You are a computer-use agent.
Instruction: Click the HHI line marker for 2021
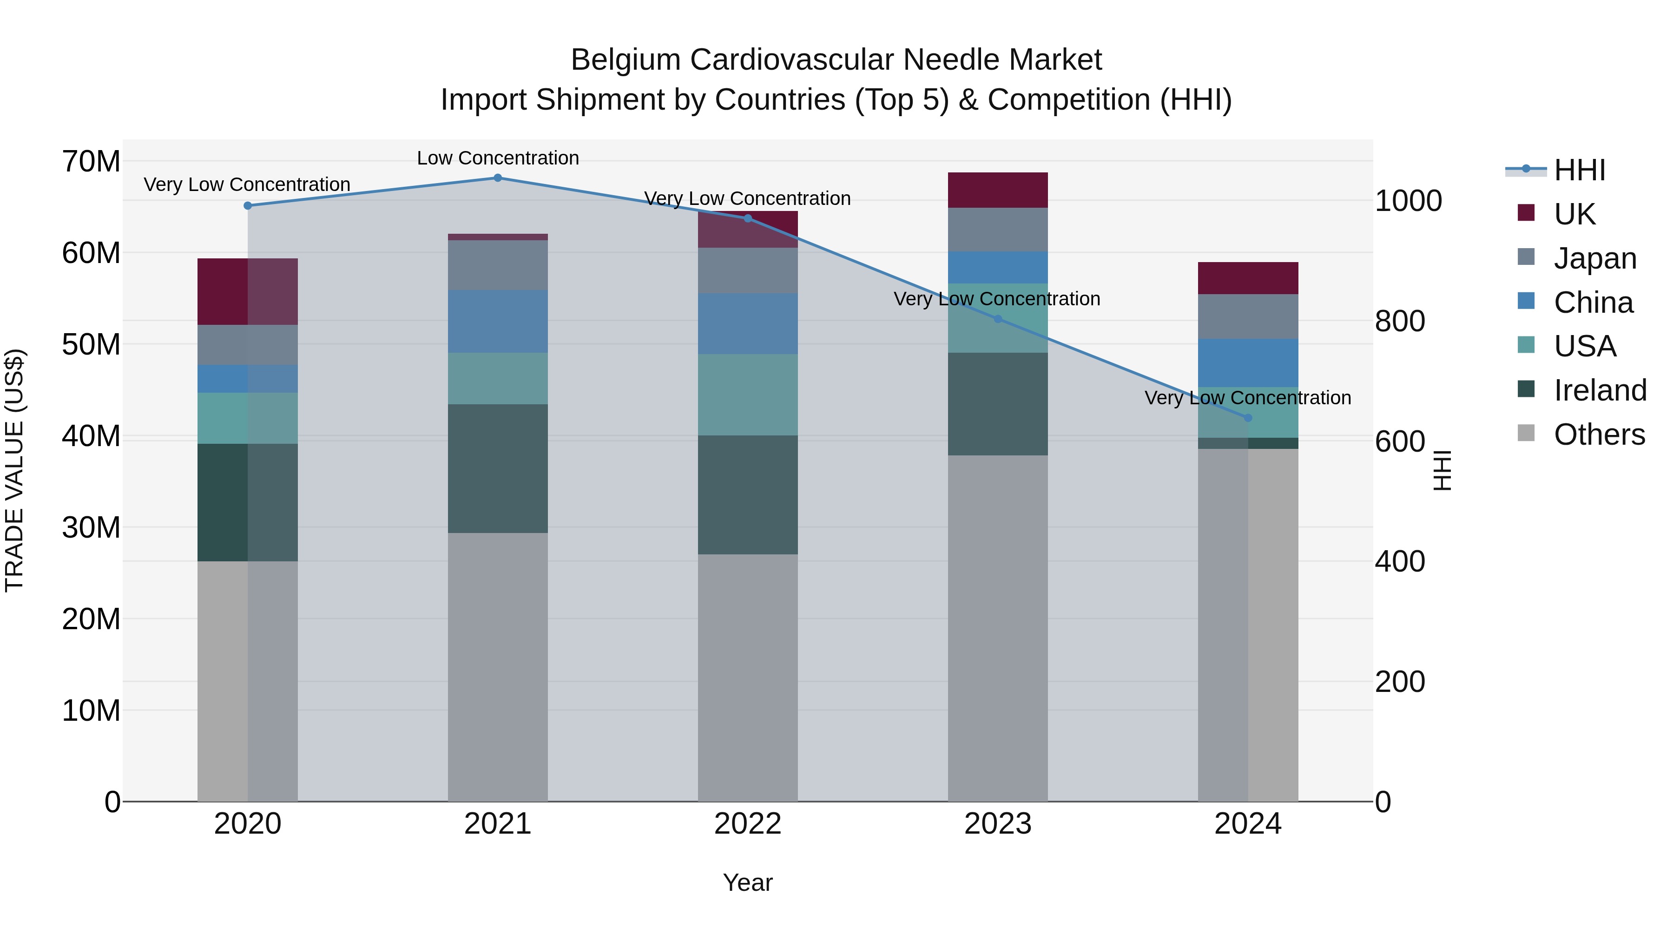pyautogui.click(x=497, y=178)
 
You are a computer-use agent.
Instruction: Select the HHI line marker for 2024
pyautogui.click(x=1248, y=418)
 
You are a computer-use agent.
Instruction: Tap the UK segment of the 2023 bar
pyautogui.click(x=998, y=190)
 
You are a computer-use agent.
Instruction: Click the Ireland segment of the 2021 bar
pyautogui.click(x=497, y=469)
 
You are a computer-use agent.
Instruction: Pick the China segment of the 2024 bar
pyautogui.click(x=1248, y=363)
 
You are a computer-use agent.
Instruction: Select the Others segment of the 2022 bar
pyautogui.click(x=748, y=678)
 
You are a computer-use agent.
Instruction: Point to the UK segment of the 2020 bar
pyautogui.click(x=247, y=291)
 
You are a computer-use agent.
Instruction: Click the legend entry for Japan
pyautogui.click(x=1594, y=258)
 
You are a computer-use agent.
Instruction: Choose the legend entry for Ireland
pyautogui.click(x=1599, y=390)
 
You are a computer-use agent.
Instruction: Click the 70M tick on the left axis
pyautogui.click(x=91, y=161)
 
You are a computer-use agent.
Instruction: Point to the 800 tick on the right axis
pyautogui.click(x=1400, y=321)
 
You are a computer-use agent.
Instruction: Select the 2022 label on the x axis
pyautogui.click(x=748, y=824)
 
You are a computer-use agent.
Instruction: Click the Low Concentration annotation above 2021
pyautogui.click(x=497, y=158)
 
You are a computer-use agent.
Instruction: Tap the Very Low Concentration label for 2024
pyautogui.click(x=1248, y=397)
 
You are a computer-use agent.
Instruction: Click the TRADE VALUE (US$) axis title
pyautogui.click(x=14, y=470)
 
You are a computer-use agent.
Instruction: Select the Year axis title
pyautogui.click(x=748, y=882)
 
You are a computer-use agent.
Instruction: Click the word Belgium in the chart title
pyautogui.click(x=626, y=60)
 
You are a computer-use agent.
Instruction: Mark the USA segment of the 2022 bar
pyautogui.click(x=748, y=395)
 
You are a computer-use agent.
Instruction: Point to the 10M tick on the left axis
pyautogui.click(x=91, y=711)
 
